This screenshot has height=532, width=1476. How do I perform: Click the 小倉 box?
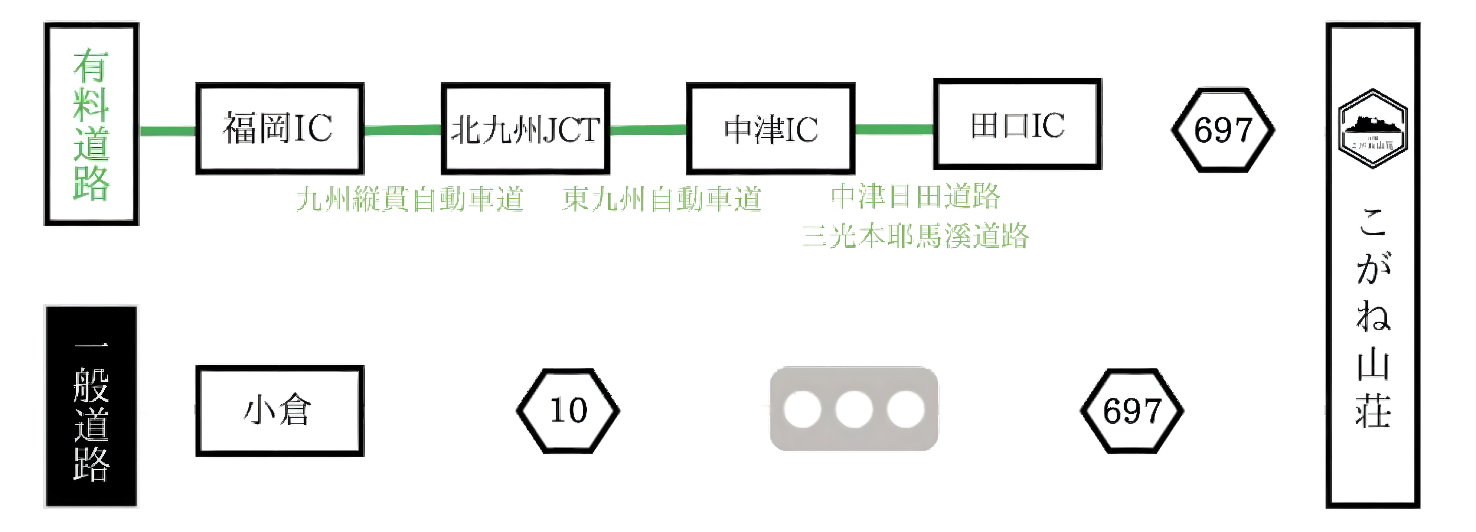pos(279,411)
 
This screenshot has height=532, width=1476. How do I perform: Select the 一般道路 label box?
pos(91,407)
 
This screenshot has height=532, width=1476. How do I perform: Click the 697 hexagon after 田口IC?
pos(1223,130)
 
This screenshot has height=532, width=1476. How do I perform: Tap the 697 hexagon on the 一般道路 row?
pos(1132,411)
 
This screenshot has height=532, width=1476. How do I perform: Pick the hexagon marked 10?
pos(568,411)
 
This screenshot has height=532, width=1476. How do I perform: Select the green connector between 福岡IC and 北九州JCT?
pos(402,130)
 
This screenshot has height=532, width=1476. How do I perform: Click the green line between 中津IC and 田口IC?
pos(894,130)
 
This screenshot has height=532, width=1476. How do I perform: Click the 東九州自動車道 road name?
pos(662,199)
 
